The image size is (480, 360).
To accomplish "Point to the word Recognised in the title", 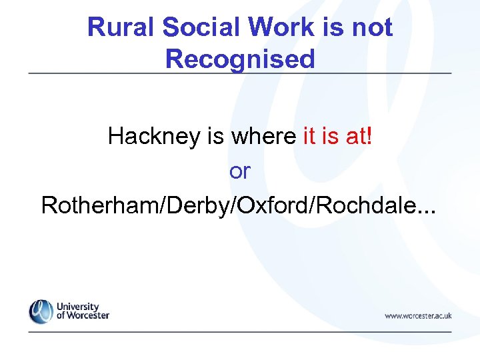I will (x=239, y=59).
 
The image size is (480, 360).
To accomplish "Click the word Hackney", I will (x=155, y=137).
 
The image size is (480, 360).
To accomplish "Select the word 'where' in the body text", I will (x=263, y=137).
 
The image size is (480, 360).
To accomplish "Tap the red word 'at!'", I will (x=359, y=137).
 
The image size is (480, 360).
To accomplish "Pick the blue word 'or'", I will (x=239, y=171).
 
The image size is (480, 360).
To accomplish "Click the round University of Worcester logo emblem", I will (x=41, y=311).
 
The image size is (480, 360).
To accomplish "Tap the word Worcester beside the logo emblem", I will (x=87, y=315).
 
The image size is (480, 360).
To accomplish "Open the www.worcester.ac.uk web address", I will (x=418, y=315).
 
